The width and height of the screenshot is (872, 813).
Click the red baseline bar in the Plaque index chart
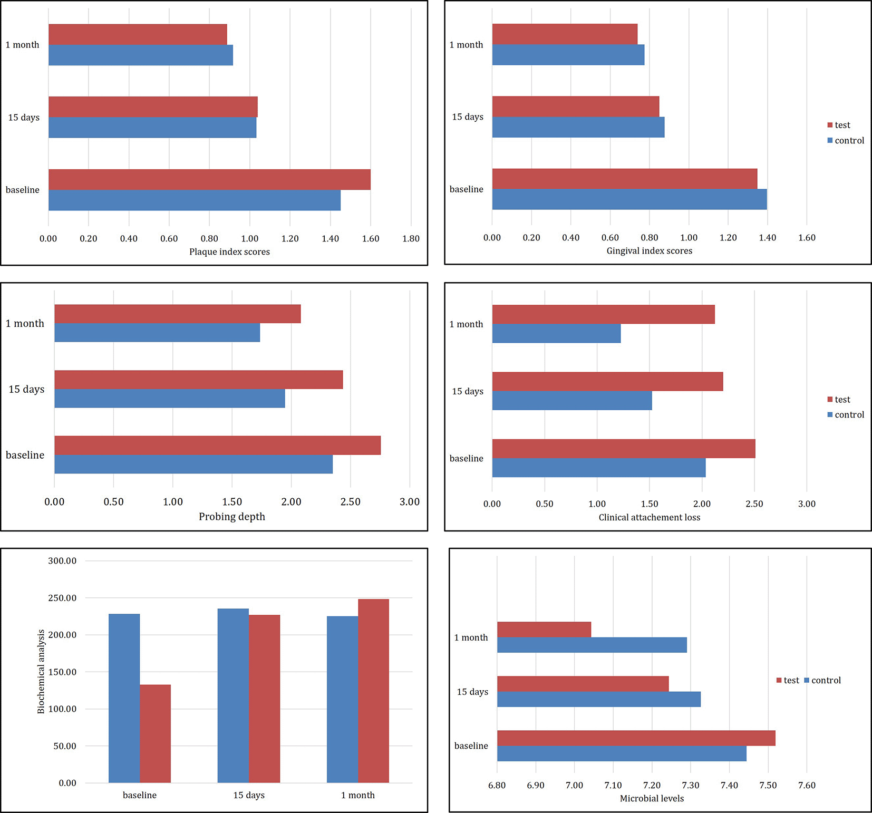(209, 179)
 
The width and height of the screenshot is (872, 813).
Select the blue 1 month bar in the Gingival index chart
(568, 55)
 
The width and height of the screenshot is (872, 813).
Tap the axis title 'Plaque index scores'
(229, 252)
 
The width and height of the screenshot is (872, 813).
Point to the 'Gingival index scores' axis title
(649, 251)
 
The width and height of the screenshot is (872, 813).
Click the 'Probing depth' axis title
(231, 517)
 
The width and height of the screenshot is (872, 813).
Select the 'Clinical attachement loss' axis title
(649, 518)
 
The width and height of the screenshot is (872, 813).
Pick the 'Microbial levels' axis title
(652, 799)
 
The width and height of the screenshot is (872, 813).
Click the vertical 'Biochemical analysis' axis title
(41, 671)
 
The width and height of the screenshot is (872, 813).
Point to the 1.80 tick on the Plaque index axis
(411, 239)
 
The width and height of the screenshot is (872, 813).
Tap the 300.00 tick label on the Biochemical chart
(62, 561)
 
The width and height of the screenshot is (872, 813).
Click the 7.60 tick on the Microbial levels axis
(807, 786)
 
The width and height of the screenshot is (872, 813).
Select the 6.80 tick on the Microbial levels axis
(497, 786)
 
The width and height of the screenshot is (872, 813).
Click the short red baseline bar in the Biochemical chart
(155, 733)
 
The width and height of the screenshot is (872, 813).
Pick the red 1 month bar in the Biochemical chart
(373, 691)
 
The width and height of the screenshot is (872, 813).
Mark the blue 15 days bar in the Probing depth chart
(169, 399)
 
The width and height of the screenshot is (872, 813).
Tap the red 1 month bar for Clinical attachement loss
(603, 314)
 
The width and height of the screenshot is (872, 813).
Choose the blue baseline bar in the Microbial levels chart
(621, 753)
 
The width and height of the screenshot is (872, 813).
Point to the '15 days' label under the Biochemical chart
(249, 796)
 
